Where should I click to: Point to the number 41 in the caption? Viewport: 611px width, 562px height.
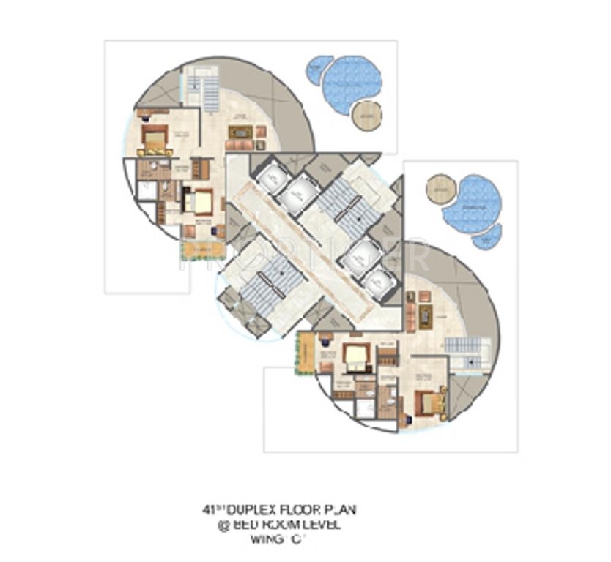(210, 509)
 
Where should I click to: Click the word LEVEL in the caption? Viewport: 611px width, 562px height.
(322, 525)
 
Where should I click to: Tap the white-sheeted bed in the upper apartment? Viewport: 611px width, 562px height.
(199, 200)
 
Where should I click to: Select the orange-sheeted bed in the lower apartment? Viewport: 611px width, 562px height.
(427, 401)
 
